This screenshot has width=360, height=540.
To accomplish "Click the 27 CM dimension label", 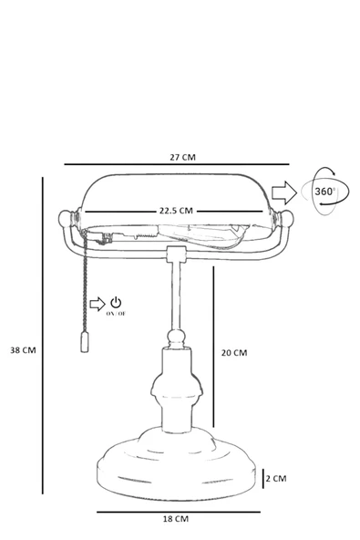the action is pyautogui.click(x=182, y=158).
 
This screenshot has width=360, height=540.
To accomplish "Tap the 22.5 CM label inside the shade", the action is pyautogui.click(x=176, y=211).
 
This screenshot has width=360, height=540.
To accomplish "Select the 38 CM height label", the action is pyautogui.click(x=23, y=350).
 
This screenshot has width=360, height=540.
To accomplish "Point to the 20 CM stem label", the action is pyautogui.click(x=234, y=353).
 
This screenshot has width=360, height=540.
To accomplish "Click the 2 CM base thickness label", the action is pyautogui.click(x=276, y=478).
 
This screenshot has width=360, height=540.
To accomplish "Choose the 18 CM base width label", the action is pyautogui.click(x=176, y=519).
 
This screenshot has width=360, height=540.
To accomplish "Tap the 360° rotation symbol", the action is pyautogui.click(x=324, y=192).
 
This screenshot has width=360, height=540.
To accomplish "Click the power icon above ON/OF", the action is pyautogui.click(x=116, y=302).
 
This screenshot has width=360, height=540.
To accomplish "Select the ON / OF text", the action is pyautogui.click(x=116, y=314).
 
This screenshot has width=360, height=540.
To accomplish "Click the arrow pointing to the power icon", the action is pyautogui.click(x=98, y=304).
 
